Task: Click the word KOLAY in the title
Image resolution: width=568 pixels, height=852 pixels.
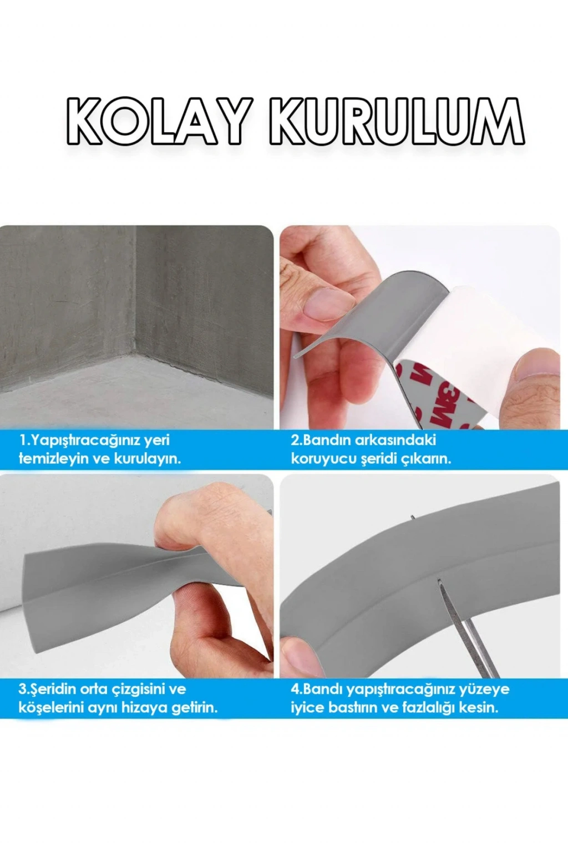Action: coord(160,121)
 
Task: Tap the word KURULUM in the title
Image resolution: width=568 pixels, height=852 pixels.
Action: coord(397,121)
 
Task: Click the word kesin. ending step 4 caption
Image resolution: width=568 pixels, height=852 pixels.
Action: coord(479,708)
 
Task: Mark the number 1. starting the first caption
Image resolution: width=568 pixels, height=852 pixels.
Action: coord(24,440)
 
